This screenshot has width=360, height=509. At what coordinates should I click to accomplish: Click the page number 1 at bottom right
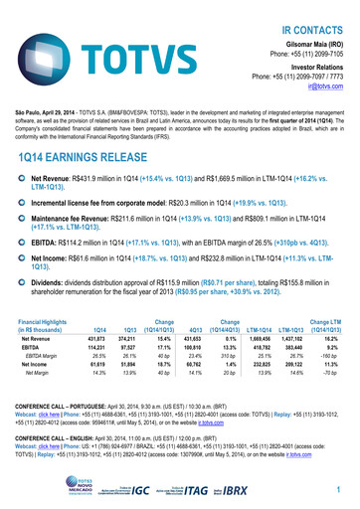tap(339, 491)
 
